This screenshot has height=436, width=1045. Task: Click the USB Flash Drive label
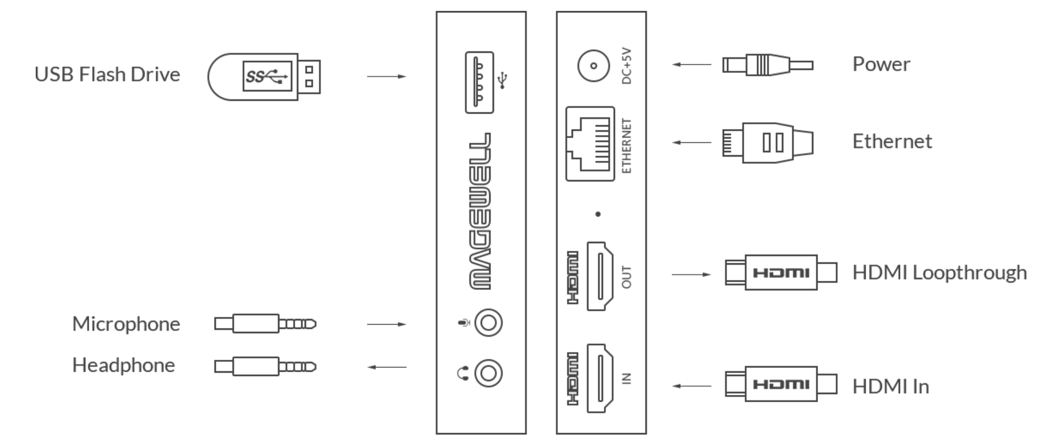pyautogui.click(x=107, y=74)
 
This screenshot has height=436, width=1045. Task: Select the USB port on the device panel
pyautogui.click(x=479, y=82)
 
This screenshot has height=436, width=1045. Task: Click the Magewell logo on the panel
pyautogui.click(x=480, y=211)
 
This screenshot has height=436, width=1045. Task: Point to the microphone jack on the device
pyautogui.click(x=488, y=323)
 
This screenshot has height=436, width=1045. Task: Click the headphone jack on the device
pyautogui.click(x=488, y=373)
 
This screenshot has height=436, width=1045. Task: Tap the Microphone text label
pyautogui.click(x=126, y=324)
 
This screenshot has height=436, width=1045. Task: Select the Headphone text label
pyautogui.click(x=123, y=365)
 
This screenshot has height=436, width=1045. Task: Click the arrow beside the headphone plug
pyautogui.click(x=387, y=367)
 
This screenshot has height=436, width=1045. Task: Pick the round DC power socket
pyautogui.click(x=593, y=66)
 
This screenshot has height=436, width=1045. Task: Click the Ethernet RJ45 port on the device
pyautogui.click(x=590, y=144)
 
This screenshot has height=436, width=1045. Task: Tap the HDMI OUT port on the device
pyautogui.click(x=600, y=276)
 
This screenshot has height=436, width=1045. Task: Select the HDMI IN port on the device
pyautogui.click(x=600, y=378)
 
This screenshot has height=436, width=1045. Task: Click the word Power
pyautogui.click(x=881, y=64)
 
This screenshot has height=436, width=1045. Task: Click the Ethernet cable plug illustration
pyautogui.click(x=767, y=143)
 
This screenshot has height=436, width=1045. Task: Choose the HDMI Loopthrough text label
pyautogui.click(x=939, y=272)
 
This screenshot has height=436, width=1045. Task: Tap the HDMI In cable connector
pyautogui.click(x=781, y=384)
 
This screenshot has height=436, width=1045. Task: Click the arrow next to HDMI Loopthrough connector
pyautogui.click(x=691, y=275)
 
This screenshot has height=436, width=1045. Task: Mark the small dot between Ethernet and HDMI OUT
pyautogui.click(x=598, y=214)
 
